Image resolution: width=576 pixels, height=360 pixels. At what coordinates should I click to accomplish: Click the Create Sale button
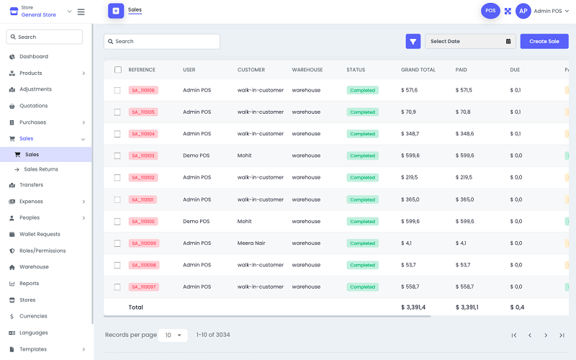[544, 42]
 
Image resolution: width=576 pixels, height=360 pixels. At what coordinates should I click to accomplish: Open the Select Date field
[470, 42]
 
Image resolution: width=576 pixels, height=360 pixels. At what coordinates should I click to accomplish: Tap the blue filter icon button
[413, 42]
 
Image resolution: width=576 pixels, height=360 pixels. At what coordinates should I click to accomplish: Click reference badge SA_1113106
[143, 90]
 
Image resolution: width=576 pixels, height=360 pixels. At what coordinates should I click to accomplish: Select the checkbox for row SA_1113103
[117, 156]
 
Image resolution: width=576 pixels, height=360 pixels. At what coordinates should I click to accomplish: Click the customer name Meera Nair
[251, 243]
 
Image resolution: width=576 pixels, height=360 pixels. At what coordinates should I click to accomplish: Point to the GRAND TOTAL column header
[418, 70]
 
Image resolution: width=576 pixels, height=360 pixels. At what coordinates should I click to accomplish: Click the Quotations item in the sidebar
[33, 106]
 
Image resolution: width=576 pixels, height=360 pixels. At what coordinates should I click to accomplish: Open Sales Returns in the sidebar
[41, 169]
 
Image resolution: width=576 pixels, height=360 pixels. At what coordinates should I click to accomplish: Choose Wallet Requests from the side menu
[40, 234]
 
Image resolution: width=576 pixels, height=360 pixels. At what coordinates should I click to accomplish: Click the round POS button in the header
[490, 11]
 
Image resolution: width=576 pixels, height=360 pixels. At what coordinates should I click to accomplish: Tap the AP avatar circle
[523, 11]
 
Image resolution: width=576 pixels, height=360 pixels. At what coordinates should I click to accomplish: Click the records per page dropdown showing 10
[173, 336]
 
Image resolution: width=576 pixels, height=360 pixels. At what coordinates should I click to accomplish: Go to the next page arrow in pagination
[546, 336]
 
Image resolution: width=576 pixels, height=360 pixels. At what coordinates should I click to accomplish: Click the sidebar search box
[45, 37]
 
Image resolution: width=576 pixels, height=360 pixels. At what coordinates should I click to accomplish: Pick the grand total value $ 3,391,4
[413, 307]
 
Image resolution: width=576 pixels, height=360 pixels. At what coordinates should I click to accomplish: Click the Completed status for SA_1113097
[362, 287]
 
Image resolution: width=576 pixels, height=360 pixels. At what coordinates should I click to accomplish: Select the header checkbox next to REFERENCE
[117, 70]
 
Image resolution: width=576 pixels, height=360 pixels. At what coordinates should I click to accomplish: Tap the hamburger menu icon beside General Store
[81, 12]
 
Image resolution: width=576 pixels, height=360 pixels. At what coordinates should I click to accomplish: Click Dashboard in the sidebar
[33, 57]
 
